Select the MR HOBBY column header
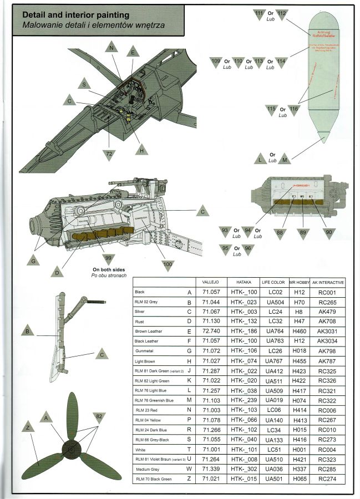299,282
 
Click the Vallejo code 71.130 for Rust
212,321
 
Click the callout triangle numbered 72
109,152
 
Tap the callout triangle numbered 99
108,257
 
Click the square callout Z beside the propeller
27,428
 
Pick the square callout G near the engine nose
34,261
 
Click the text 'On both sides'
110,269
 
